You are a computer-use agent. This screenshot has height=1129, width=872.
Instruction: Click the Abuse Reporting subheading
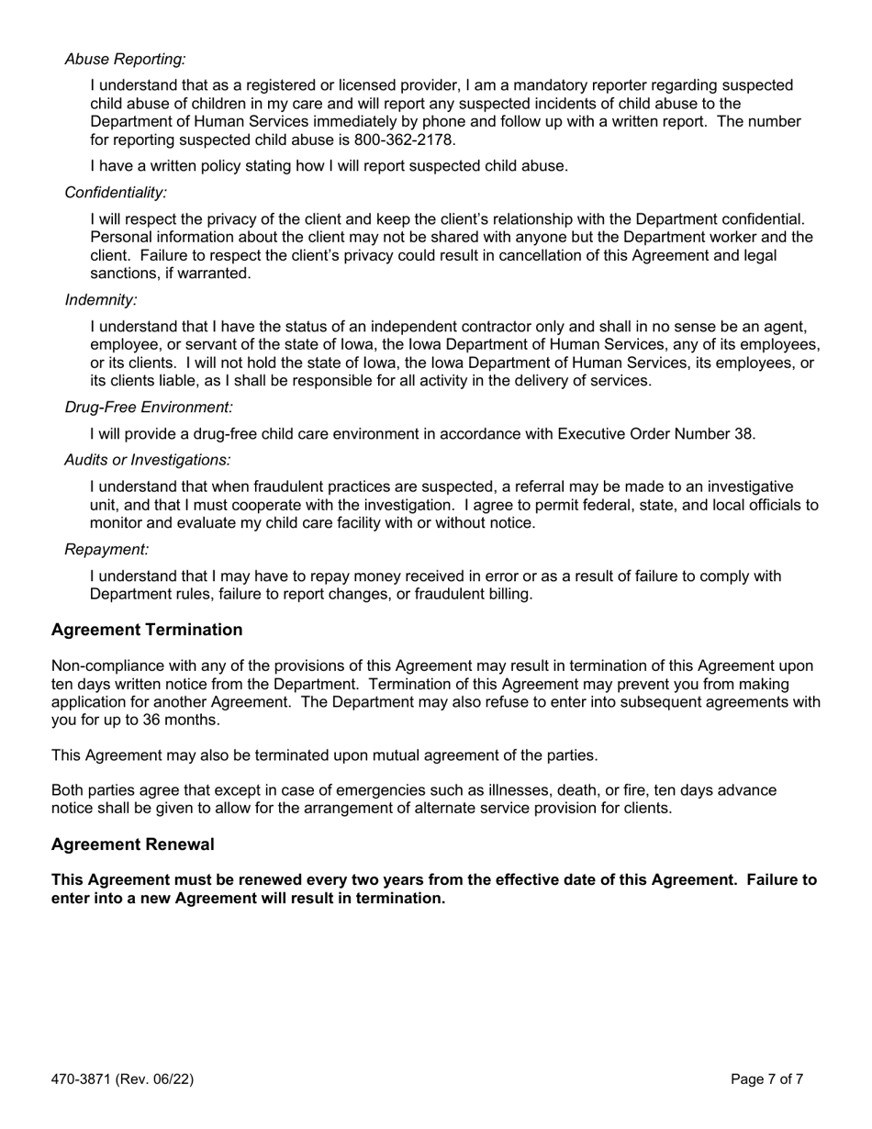pos(125,59)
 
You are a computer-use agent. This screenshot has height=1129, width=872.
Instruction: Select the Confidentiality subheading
pos(116,192)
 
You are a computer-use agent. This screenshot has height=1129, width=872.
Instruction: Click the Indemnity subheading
pos(101,299)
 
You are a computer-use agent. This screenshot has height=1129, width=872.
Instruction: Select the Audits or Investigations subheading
pos(148,460)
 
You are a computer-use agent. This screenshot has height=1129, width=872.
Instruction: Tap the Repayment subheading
pos(106,549)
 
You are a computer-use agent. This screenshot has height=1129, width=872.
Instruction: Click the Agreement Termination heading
pos(147,630)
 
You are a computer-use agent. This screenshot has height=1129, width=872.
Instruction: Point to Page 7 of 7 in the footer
pos(767,1079)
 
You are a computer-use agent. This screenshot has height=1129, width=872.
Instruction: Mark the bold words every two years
pos(356,879)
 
